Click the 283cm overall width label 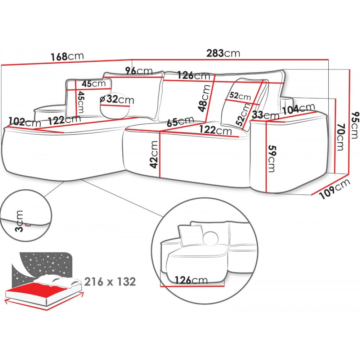point(223,53)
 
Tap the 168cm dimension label point(67,57)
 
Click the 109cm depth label point(334,189)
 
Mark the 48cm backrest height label point(205,98)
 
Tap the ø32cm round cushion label point(116,99)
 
